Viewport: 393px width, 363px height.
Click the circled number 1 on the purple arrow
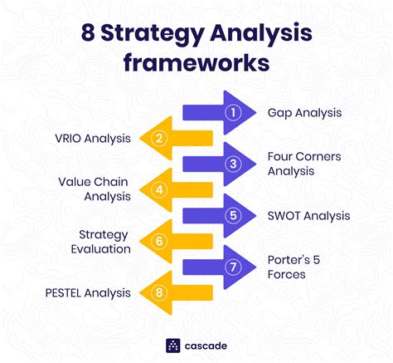(x=233, y=112)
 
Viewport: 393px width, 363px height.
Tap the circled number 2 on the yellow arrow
(x=159, y=138)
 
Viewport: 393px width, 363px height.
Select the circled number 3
(x=233, y=164)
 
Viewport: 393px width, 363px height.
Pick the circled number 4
(x=159, y=189)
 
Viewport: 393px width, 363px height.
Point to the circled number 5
(x=233, y=215)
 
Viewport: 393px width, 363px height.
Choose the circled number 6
(x=159, y=241)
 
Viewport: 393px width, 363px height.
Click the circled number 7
(x=233, y=267)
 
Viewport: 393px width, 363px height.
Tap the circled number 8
(x=159, y=292)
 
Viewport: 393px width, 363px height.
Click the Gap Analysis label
(x=304, y=113)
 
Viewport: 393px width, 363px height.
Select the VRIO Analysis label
(x=93, y=139)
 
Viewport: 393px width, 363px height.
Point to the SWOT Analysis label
(x=308, y=216)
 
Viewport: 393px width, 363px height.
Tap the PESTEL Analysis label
(x=88, y=293)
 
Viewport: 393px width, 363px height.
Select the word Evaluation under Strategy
(x=101, y=249)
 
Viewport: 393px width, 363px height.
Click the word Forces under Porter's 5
(x=287, y=275)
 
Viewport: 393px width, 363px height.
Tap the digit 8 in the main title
(x=88, y=33)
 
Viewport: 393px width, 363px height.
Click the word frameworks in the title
(x=196, y=63)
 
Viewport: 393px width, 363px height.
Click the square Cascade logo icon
(x=173, y=346)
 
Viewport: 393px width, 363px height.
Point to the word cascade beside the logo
(x=206, y=346)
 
